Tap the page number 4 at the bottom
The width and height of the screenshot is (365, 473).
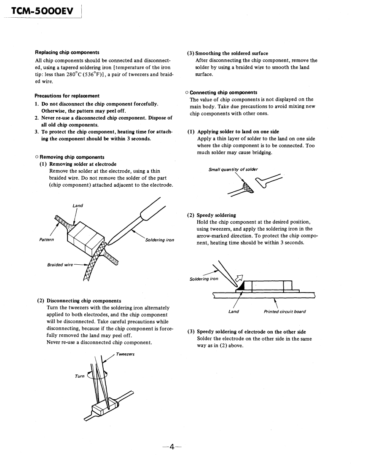172,447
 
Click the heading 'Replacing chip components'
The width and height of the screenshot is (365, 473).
67,52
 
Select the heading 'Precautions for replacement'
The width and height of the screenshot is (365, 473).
67,96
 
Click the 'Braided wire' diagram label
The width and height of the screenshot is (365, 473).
60,265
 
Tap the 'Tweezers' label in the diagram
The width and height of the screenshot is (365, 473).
125,354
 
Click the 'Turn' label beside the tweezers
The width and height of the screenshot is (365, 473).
80,376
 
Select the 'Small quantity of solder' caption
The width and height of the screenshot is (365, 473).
233,169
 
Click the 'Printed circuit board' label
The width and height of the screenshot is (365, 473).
284,312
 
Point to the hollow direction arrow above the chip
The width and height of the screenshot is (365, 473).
239,277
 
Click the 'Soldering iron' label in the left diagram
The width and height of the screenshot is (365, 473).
159,240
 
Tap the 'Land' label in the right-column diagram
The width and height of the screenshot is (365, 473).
233,312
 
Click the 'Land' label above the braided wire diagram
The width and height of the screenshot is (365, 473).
78,205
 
